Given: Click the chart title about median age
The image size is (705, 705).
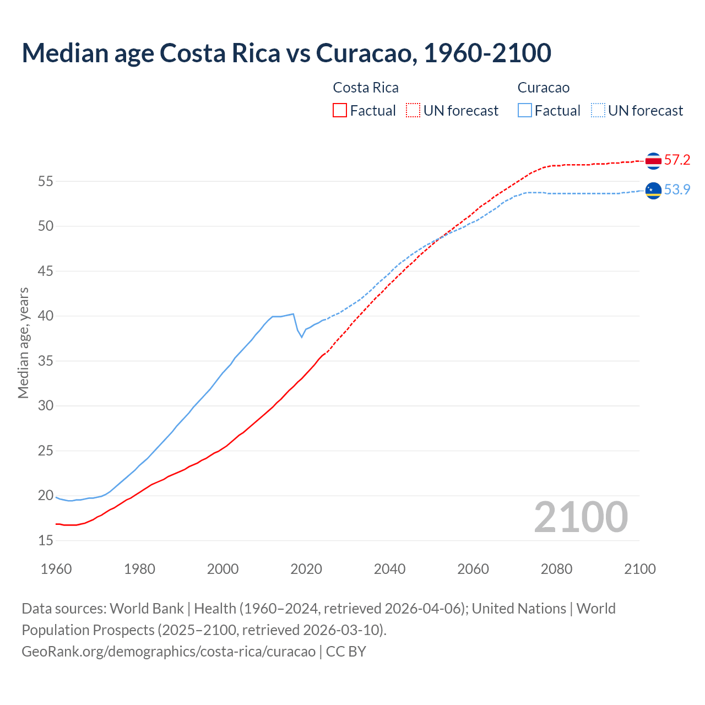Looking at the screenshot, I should click(x=286, y=53).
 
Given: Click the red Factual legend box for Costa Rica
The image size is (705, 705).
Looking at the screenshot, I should click(x=340, y=110).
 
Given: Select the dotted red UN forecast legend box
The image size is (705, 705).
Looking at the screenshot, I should click(x=413, y=110).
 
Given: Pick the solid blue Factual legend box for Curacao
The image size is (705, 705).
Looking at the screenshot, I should click(x=525, y=110).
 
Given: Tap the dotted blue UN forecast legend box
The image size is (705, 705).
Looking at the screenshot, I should click(x=598, y=110).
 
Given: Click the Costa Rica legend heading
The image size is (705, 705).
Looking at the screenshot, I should click(x=366, y=88).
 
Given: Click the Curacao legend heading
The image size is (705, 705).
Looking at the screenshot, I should click(x=544, y=88).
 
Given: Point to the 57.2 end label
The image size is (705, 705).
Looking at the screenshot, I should click(x=677, y=160).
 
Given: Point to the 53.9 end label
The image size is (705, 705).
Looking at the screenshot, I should click(x=677, y=189).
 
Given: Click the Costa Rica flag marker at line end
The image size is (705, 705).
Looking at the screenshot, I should click(x=653, y=161).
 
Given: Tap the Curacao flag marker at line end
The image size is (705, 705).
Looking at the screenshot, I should click(x=653, y=190).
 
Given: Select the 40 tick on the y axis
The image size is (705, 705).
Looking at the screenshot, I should click(x=46, y=316).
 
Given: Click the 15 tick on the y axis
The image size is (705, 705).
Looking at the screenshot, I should click(x=46, y=541).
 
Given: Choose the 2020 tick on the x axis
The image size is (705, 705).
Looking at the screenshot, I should click(x=306, y=569).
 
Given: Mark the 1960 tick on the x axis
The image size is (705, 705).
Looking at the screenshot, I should click(x=56, y=569).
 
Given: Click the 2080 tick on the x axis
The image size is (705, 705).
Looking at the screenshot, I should click(x=556, y=569).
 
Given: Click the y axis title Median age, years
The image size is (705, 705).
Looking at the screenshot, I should click(x=23, y=343).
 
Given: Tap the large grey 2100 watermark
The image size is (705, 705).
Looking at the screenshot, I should click(x=581, y=517).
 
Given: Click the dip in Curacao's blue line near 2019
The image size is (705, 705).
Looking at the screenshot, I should click(x=301, y=337).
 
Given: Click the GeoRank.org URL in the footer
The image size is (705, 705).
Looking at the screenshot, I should click(x=169, y=651).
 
